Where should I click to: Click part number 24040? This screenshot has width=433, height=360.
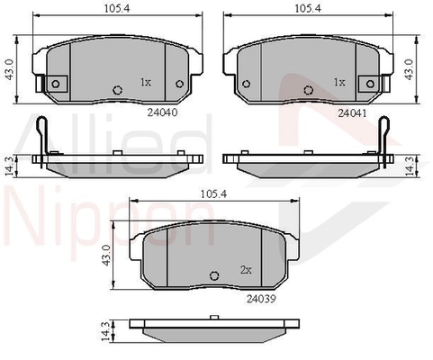click(x=162, y=112)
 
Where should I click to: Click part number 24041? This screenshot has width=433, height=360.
click(x=352, y=113)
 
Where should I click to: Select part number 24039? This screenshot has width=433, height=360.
click(x=261, y=299)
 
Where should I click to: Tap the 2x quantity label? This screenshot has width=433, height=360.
click(x=246, y=270)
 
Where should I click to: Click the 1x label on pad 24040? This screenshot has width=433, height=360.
click(x=146, y=82)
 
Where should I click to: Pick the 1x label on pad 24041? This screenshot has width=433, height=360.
click(x=339, y=82)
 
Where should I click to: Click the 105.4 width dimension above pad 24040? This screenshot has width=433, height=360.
click(x=117, y=8)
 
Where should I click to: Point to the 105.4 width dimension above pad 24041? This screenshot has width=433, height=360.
click(x=308, y=8)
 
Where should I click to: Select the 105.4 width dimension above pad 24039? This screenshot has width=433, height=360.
click(x=214, y=194)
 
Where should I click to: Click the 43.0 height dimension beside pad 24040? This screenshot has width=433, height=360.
click(x=10, y=69)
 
